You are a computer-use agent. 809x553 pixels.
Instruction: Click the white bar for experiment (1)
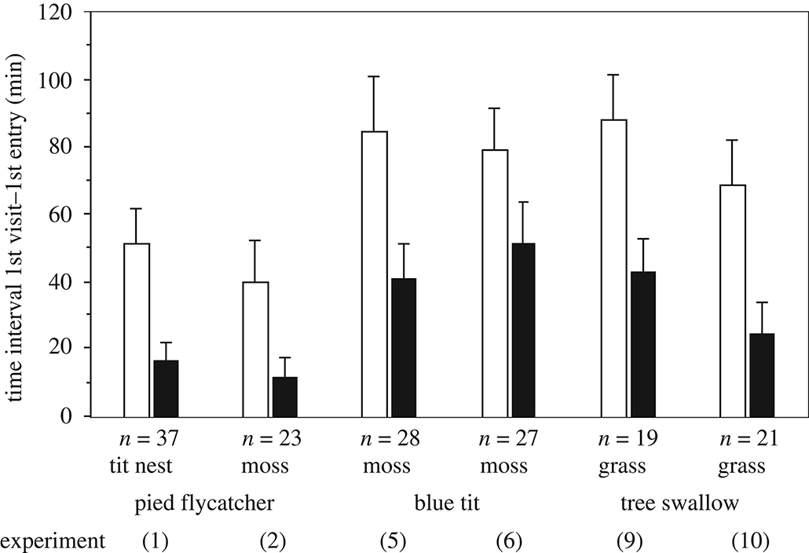pyautogui.click(x=137, y=330)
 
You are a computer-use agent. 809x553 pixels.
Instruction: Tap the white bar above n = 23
pyautogui.click(x=256, y=349)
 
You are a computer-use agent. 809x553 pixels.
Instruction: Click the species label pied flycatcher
pyautogui.click(x=205, y=504)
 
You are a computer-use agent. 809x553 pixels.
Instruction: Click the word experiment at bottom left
pyautogui.click(x=53, y=540)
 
